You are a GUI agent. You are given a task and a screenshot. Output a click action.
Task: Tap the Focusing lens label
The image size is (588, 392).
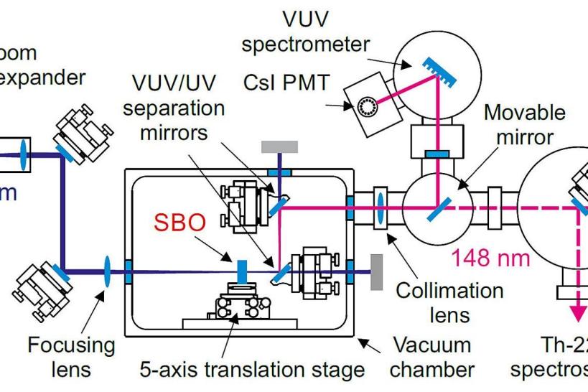point(69,357)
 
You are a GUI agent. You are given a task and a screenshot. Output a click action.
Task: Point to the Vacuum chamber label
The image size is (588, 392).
point(429,357)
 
